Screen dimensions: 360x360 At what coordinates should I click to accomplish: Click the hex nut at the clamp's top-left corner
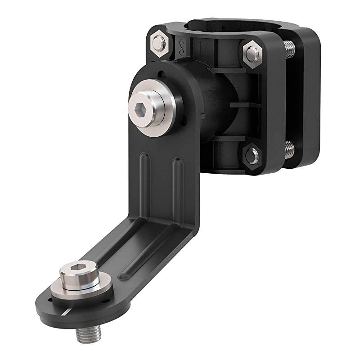[x=158, y=43]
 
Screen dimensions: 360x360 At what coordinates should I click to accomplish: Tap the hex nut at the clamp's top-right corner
[x=252, y=53]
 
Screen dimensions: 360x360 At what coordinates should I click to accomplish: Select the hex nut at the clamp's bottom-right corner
[x=252, y=156]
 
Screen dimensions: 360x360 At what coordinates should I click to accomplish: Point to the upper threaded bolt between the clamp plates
[x=289, y=49]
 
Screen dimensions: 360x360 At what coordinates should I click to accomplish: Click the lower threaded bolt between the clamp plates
[x=289, y=149]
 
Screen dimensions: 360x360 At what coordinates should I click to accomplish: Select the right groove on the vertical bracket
[x=177, y=184]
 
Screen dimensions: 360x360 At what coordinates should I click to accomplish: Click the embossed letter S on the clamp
[x=182, y=45]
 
